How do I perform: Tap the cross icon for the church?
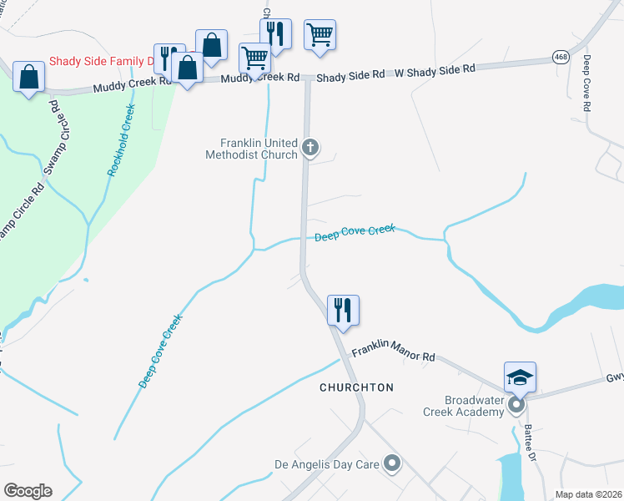(310, 149)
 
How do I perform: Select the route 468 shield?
(561, 56)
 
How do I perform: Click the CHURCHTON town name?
(356, 387)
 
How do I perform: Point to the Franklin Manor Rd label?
(394, 354)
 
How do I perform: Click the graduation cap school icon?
(520, 377)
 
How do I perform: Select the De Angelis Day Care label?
(327, 463)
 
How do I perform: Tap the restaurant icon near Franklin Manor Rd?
(343, 310)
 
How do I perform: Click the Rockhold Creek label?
(120, 140)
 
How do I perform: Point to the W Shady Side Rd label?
(435, 70)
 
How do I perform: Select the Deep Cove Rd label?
(587, 83)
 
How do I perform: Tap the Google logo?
(28, 491)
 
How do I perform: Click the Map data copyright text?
(589, 494)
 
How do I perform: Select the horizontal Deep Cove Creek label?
(355, 233)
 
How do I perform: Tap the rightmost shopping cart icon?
(320, 35)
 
